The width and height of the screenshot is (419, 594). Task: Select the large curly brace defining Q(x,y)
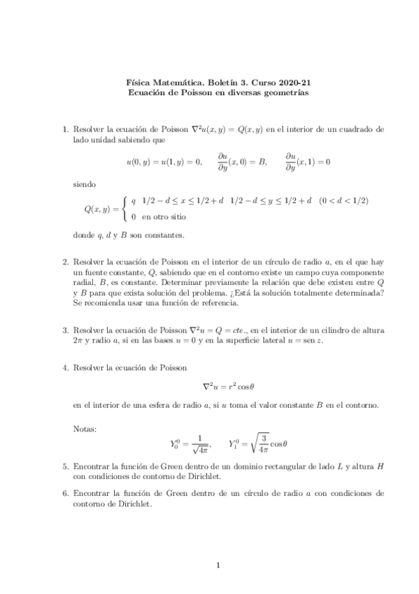(x=125, y=208)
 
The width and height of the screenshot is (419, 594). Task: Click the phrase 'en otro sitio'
(x=164, y=216)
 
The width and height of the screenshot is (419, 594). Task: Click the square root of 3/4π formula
(x=269, y=442)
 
